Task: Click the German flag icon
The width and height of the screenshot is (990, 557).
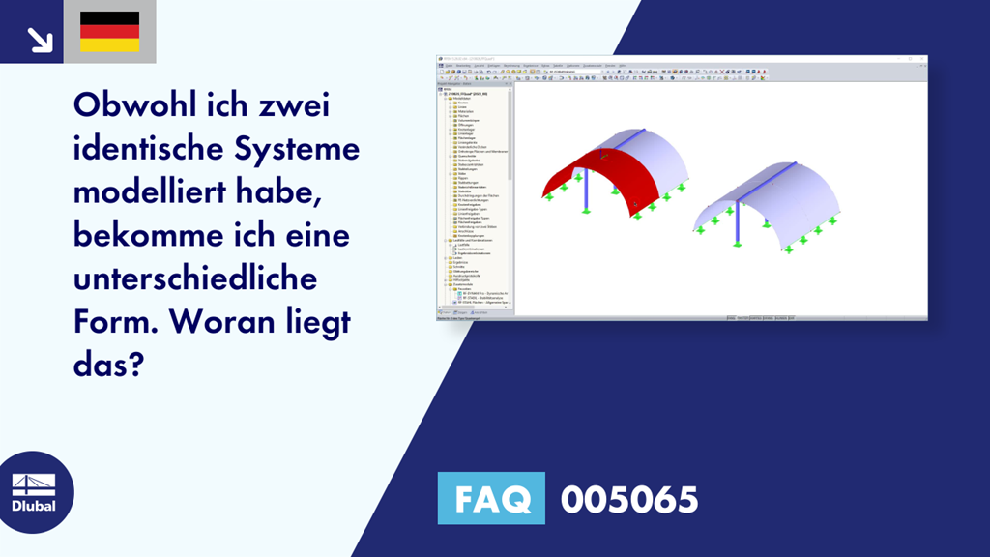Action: [x=109, y=32]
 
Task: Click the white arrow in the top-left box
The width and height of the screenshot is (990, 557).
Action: [x=39, y=38]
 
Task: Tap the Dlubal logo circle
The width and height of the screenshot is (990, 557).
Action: [x=34, y=490]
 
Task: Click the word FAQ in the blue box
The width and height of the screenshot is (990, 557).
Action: [x=491, y=499]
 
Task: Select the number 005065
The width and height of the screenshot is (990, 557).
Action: [x=629, y=499]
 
